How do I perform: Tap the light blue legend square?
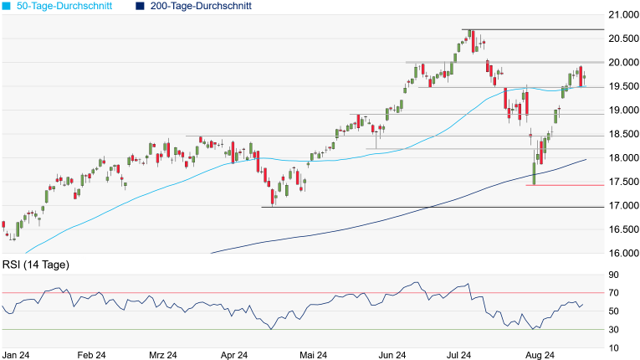(x=7, y=6)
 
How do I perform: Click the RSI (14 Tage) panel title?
(x=35, y=265)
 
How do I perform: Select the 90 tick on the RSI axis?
(x=613, y=275)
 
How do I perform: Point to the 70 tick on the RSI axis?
(x=613, y=293)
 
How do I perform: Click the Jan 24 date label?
(x=17, y=355)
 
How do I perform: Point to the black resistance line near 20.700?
(x=535, y=30)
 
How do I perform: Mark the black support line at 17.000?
(x=418, y=207)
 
